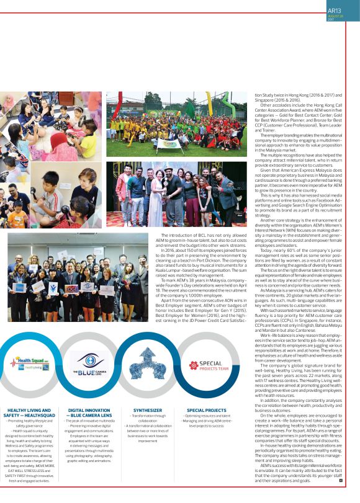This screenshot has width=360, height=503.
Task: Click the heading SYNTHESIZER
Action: pyautogui.click(x=147, y=410)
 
